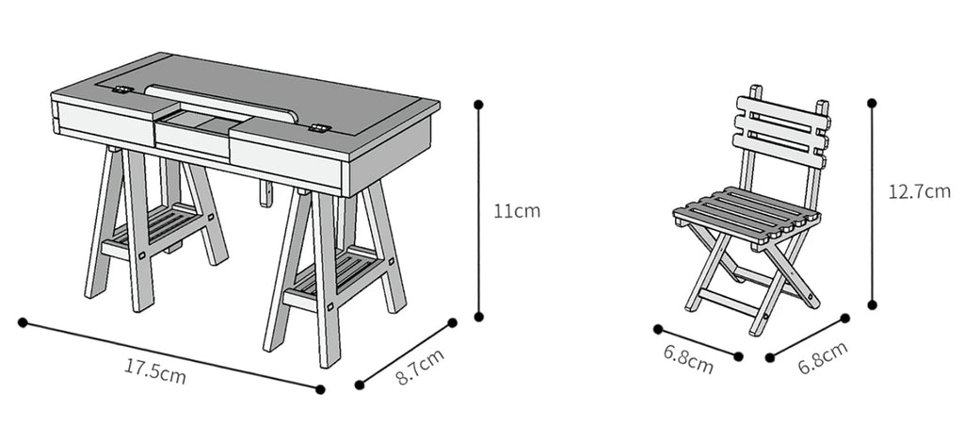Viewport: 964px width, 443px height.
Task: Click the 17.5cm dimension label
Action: [x=155, y=371]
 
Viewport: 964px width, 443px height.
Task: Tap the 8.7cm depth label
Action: [x=420, y=367]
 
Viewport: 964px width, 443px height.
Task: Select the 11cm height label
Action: [x=517, y=210]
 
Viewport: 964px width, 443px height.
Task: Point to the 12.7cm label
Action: [x=919, y=191]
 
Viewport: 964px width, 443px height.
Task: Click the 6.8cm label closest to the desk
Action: [x=688, y=359]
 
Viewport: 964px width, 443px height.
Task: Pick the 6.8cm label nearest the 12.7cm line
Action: [x=823, y=356]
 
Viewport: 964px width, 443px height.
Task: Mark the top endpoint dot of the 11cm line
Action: [x=478, y=105]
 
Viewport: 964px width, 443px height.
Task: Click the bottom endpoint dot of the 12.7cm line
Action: [x=872, y=304]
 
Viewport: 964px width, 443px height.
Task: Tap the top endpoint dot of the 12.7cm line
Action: [x=872, y=103]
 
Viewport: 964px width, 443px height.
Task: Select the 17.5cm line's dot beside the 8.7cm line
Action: [x=320, y=389]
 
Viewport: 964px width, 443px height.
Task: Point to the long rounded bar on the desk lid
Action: [x=221, y=100]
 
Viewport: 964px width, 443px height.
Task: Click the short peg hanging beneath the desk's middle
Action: [x=265, y=194]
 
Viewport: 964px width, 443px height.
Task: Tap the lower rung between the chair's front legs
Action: [x=728, y=302]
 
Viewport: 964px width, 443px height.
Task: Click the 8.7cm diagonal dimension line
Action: [x=406, y=353]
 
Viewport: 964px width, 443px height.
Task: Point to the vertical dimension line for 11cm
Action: [x=478, y=210]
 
